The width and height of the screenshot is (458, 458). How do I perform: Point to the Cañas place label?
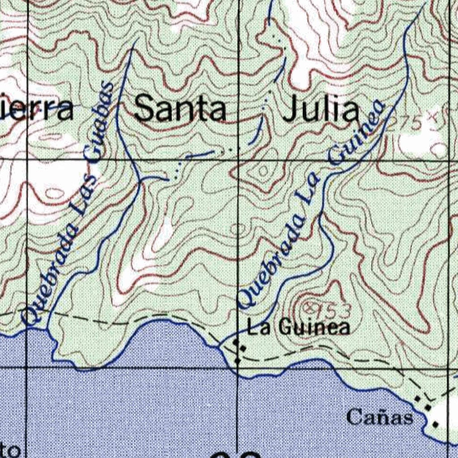(379, 417)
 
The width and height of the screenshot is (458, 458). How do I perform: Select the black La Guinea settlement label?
(299, 328)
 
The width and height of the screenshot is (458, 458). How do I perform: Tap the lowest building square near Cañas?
(435, 424)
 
